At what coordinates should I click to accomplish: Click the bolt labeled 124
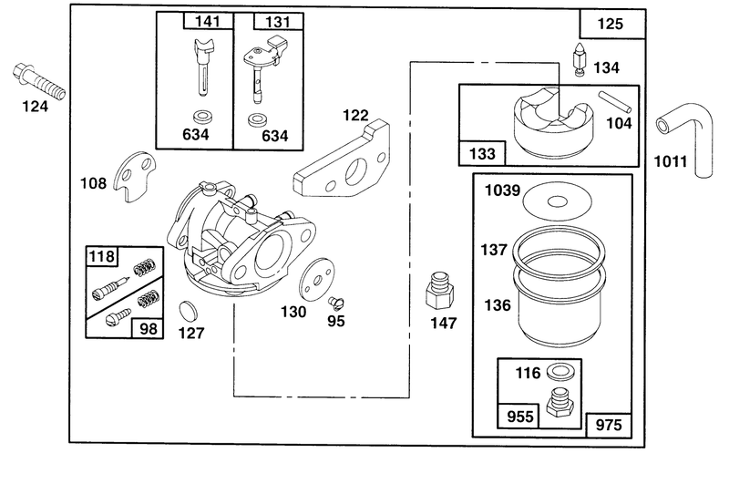(x=38, y=81)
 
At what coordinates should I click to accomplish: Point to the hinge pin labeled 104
(x=614, y=102)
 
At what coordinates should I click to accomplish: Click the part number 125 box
(x=611, y=24)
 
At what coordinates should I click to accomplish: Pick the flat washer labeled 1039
(x=558, y=201)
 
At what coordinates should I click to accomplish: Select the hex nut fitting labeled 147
(x=439, y=291)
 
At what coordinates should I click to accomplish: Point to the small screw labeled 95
(x=335, y=303)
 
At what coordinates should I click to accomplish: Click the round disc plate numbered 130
(x=317, y=282)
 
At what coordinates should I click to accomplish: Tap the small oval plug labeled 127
(x=188, y=311)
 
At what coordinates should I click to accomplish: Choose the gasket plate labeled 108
(x=135, y=176)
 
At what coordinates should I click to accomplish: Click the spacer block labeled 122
(x=343, y=160)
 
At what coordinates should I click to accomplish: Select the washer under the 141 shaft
(x=201, y=117)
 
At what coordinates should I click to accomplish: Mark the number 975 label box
(x=609, y=425)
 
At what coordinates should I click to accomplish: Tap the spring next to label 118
(x=144, y=268)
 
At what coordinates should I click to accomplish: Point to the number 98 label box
(x=148, y=329)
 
